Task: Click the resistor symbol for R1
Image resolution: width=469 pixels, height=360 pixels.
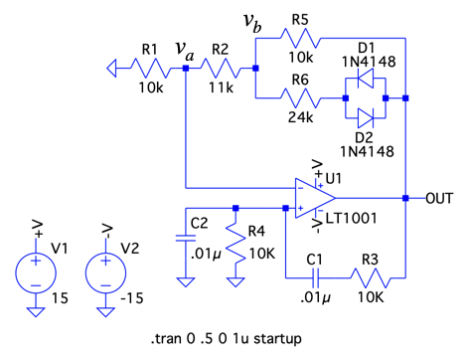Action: point(152,69)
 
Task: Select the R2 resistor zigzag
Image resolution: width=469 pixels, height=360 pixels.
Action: point(222,69)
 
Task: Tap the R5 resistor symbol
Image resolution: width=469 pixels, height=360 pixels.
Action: point(301,39)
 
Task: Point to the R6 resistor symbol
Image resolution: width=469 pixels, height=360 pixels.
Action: point(301,98)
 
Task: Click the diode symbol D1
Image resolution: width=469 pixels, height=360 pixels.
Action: point(366,79)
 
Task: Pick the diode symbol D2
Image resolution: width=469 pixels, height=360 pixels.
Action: point(366,118)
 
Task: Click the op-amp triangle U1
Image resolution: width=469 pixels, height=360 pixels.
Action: point(315,198)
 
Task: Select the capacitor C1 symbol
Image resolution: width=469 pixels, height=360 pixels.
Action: point(316,277)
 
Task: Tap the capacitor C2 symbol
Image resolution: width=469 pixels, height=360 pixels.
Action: point(186,238)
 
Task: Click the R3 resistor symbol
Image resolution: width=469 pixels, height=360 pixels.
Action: point(371,277)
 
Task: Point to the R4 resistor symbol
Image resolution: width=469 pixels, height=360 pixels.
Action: point(235,246)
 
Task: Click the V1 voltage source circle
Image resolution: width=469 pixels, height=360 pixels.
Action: point(36,273)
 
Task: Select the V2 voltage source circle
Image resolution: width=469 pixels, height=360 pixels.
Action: point(105,273)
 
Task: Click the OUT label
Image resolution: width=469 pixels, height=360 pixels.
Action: point(439,198)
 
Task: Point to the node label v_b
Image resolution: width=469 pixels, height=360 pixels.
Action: point(252,23)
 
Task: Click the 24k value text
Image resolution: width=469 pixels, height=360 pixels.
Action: point(300,117)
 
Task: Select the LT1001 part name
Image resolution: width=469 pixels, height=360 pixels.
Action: point(352,218)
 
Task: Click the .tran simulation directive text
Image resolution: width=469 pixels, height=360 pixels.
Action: point(227,339)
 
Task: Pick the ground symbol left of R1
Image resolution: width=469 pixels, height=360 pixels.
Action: point(111,69)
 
